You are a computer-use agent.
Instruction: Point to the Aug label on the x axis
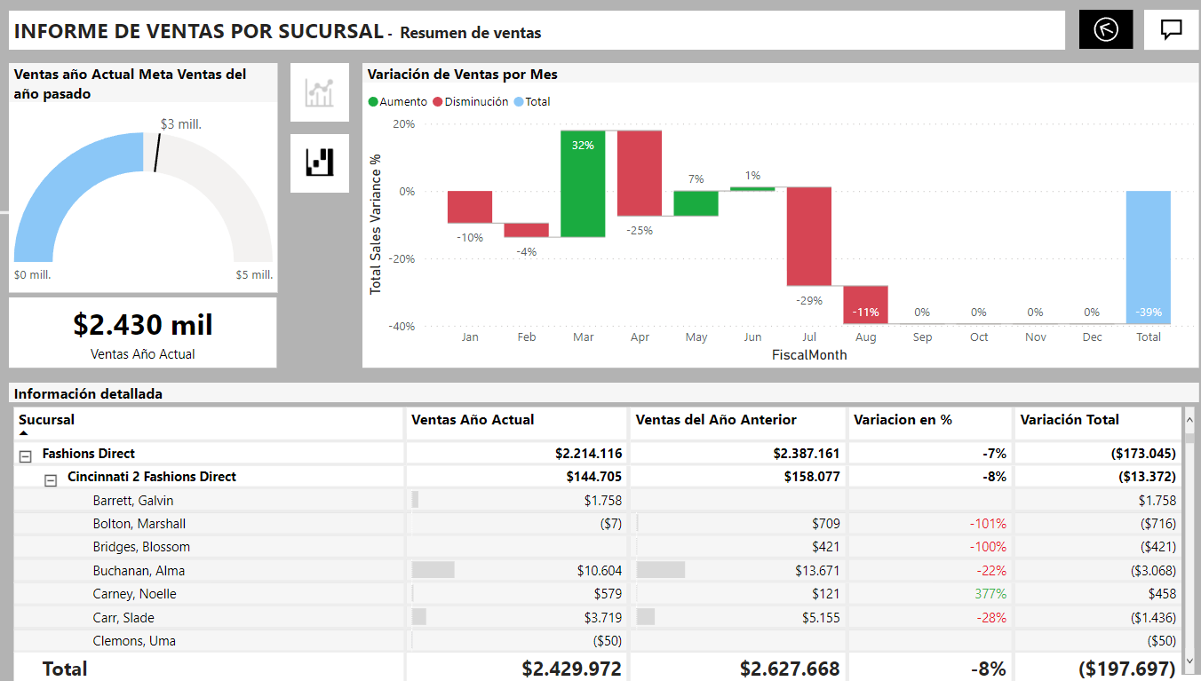click(x=865, y=337)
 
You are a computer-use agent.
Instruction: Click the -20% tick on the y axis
click(x=404, y=259)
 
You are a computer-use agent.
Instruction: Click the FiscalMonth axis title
click(x=809, y=355)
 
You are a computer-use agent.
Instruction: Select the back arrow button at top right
click(x=1106, y=30)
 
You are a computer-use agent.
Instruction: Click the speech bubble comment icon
click(x=1172, y=30)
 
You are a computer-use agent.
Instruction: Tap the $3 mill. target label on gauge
click(x=181, y=124)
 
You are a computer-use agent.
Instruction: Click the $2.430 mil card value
click(x=143, y=325)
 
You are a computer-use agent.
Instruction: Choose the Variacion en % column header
click(x=903, y=420)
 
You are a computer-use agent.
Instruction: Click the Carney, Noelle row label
click(x=135, y=594)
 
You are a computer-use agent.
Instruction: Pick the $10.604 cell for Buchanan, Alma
click(x=600, y=571)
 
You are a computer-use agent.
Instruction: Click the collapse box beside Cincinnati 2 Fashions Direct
click(x=51, y=479)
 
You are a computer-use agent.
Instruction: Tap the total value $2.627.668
click(x=790, y=669)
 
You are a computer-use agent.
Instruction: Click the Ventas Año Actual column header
click(x=473, y=420)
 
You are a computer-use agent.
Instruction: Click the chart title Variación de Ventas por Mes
click(x=463, y=75)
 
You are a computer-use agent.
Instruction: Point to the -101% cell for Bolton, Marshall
click(x=988, y=524)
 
